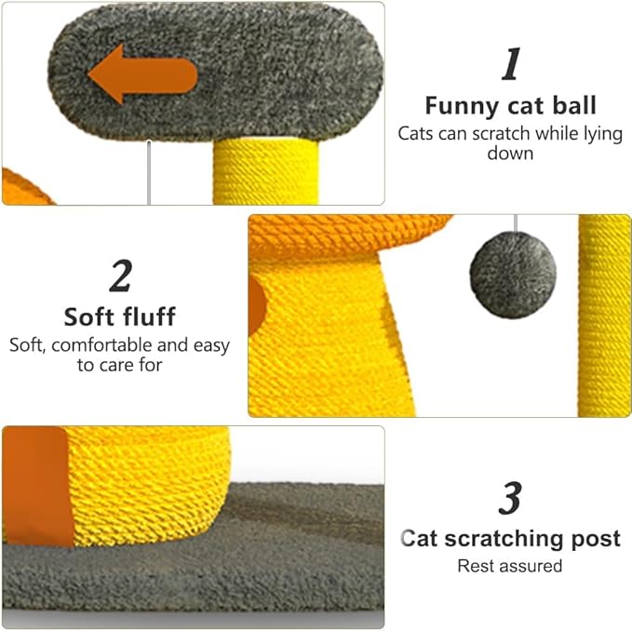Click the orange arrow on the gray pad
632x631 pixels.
pos(141,74)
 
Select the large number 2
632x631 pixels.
pos(119,275)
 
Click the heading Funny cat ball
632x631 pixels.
pos(510,105)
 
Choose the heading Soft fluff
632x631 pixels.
pos(119,316)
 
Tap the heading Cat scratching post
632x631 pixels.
pos(510,538)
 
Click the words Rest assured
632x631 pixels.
pos(510,565)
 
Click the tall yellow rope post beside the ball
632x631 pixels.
pos(603,316)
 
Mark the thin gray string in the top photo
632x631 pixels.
pos(149,177)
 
